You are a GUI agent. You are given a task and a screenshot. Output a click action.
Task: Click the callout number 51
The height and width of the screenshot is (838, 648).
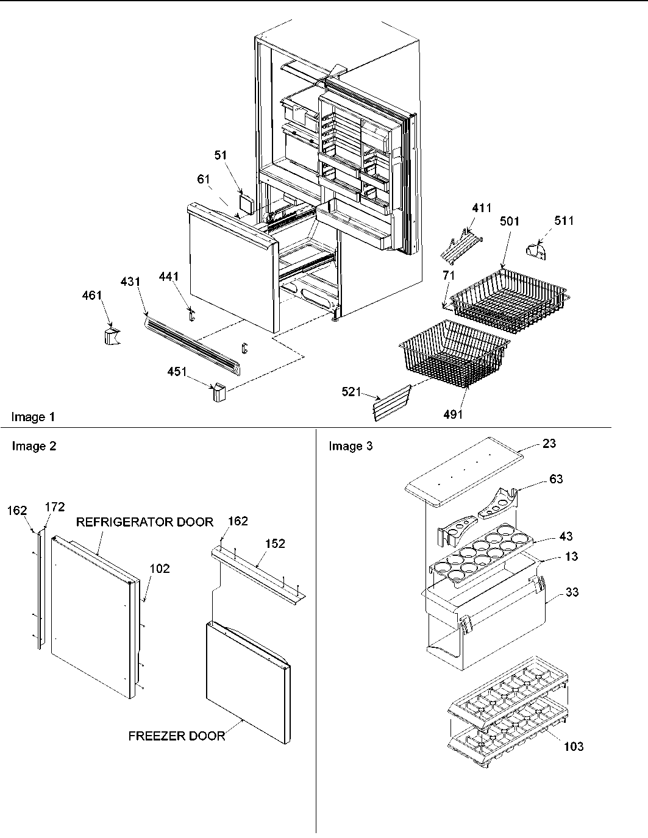click(x=221, y=155)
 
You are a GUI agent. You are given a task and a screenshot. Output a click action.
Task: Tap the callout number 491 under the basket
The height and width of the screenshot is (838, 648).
click(x=453, y=414)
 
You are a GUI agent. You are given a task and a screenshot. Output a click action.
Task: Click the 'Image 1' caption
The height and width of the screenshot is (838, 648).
click(x=33, y=417)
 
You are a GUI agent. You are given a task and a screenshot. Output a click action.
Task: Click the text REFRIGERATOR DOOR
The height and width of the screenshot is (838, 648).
click(x=144, y=522)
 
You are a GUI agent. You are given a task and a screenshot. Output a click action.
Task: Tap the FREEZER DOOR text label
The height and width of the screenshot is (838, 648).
click(x=176, y=736)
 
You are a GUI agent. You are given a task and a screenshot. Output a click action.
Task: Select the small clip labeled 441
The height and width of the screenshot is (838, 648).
click(x=191, y=313)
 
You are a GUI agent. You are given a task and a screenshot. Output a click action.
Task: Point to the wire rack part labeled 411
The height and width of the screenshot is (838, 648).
click(x=461, y=243)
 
